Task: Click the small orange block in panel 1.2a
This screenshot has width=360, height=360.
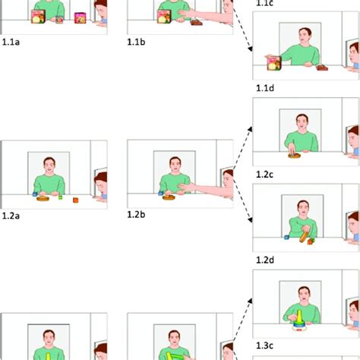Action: click(75, 200)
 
